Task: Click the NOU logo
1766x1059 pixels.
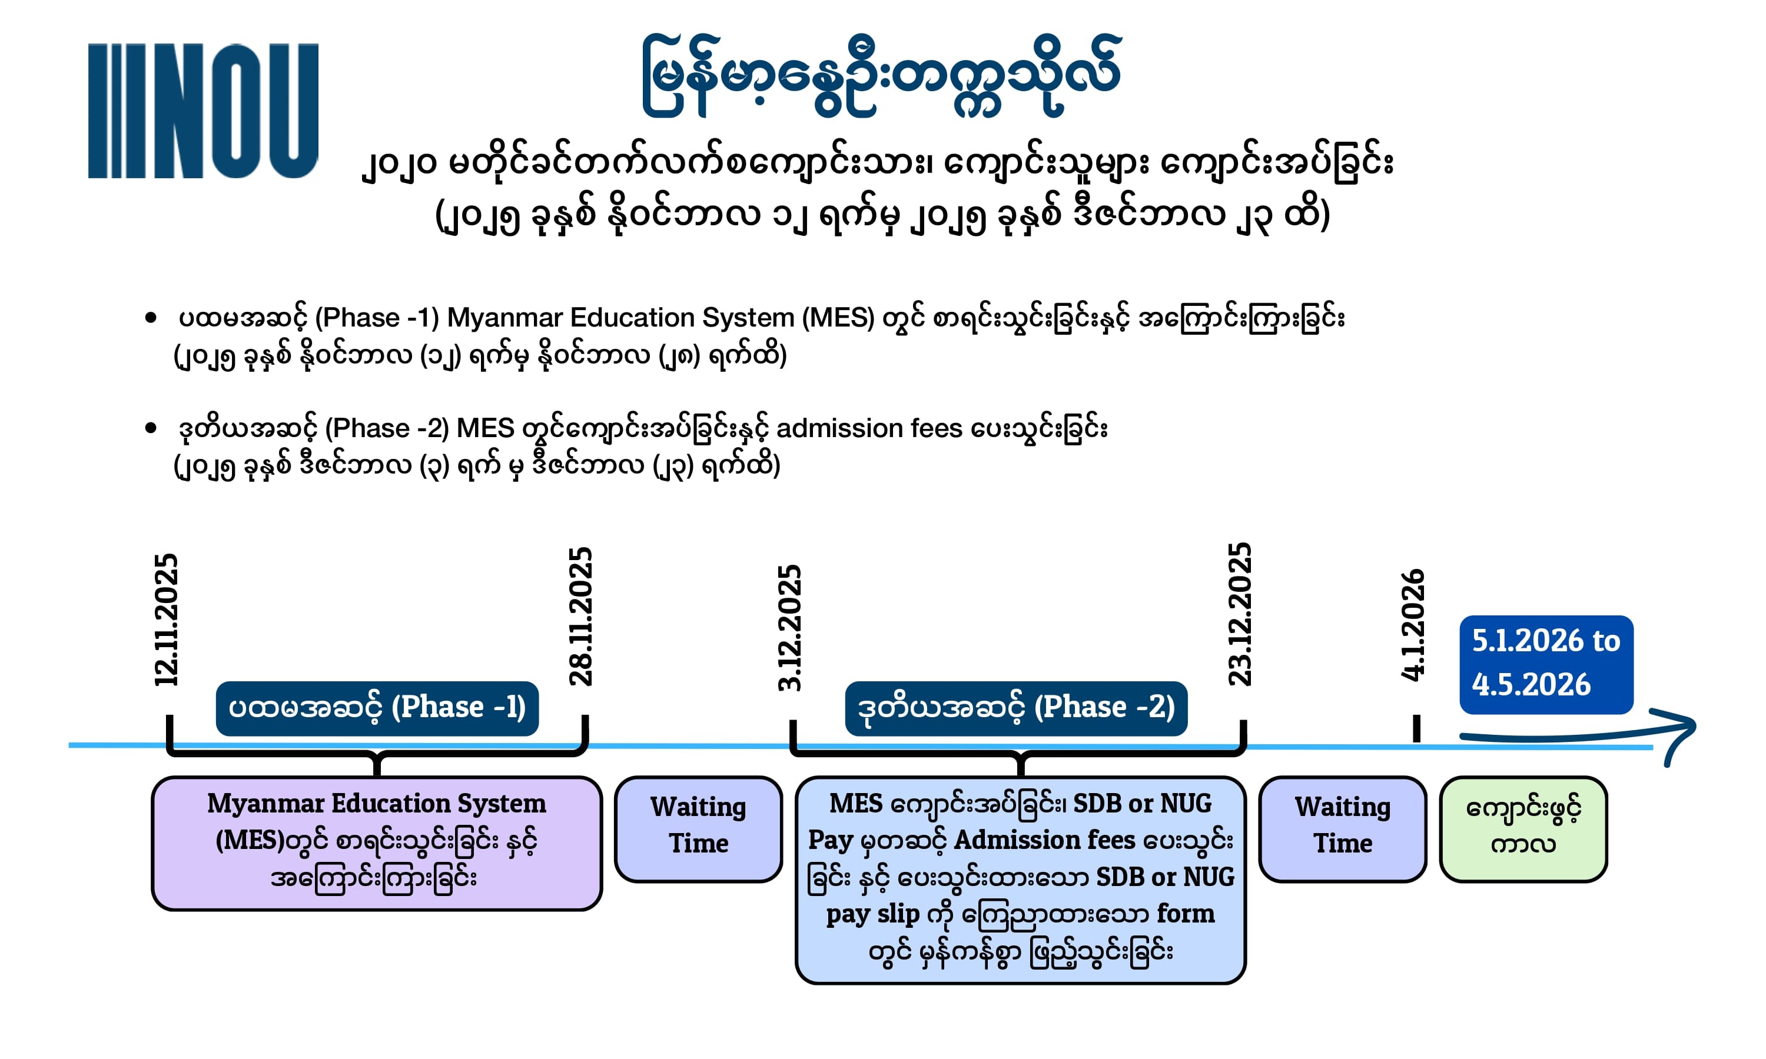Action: point(203,111)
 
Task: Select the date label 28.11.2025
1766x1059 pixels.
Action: point(580,617)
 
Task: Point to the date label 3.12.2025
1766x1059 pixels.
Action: point(789,628)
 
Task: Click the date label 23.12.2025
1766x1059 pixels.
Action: point(1240,614)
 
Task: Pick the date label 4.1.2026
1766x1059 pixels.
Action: point(1413,625)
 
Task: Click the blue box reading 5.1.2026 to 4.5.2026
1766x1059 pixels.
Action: point(1546,664)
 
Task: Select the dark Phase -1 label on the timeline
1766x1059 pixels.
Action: point(377,708)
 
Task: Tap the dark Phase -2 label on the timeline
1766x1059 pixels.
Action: point(1016,708)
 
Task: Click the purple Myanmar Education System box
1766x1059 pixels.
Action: point(377,842)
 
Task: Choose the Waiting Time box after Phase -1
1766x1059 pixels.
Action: point(698,829)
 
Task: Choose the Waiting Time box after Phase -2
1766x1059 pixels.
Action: point(1343,829)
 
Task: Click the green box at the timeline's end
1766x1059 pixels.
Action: point(1523,829)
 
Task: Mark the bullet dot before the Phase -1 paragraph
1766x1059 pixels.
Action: point(151,318)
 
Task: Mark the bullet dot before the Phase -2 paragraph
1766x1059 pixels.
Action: point(151,428)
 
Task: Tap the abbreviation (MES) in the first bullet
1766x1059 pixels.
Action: point(838,318)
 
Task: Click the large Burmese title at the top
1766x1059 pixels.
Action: point(882,75)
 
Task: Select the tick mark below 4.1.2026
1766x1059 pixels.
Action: point(1417,728)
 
